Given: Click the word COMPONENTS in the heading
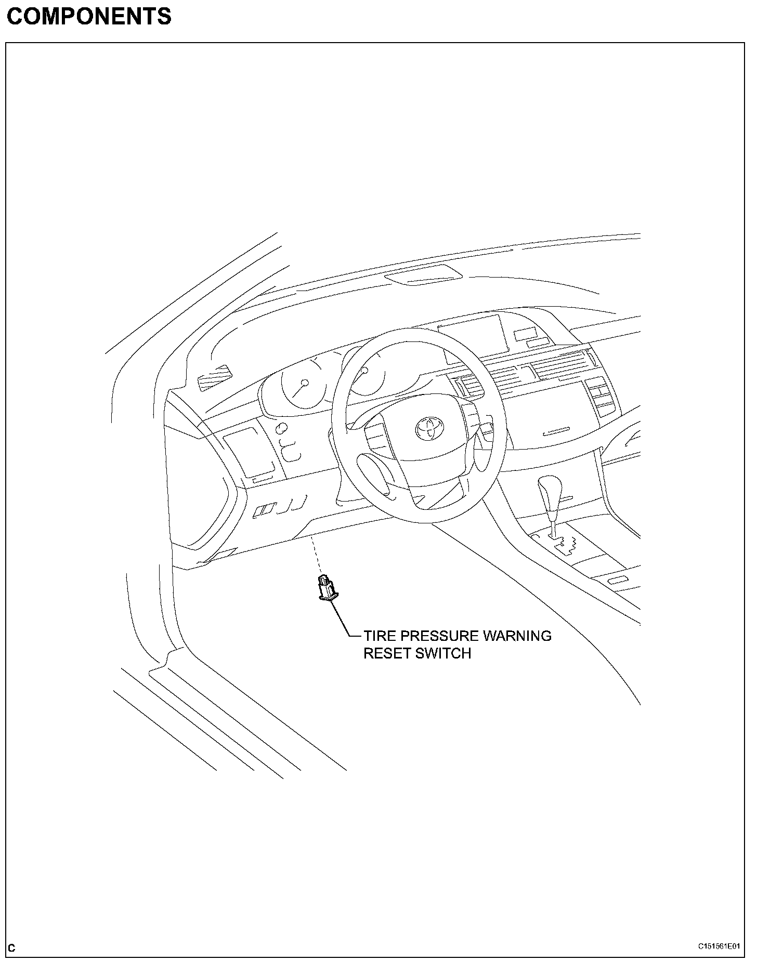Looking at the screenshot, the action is (89, 17).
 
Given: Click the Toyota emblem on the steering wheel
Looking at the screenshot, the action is (428, 427).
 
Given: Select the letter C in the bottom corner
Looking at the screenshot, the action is (12, 948).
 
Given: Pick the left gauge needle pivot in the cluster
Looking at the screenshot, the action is (305, 383).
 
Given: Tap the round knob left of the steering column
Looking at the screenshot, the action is (282, 429).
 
